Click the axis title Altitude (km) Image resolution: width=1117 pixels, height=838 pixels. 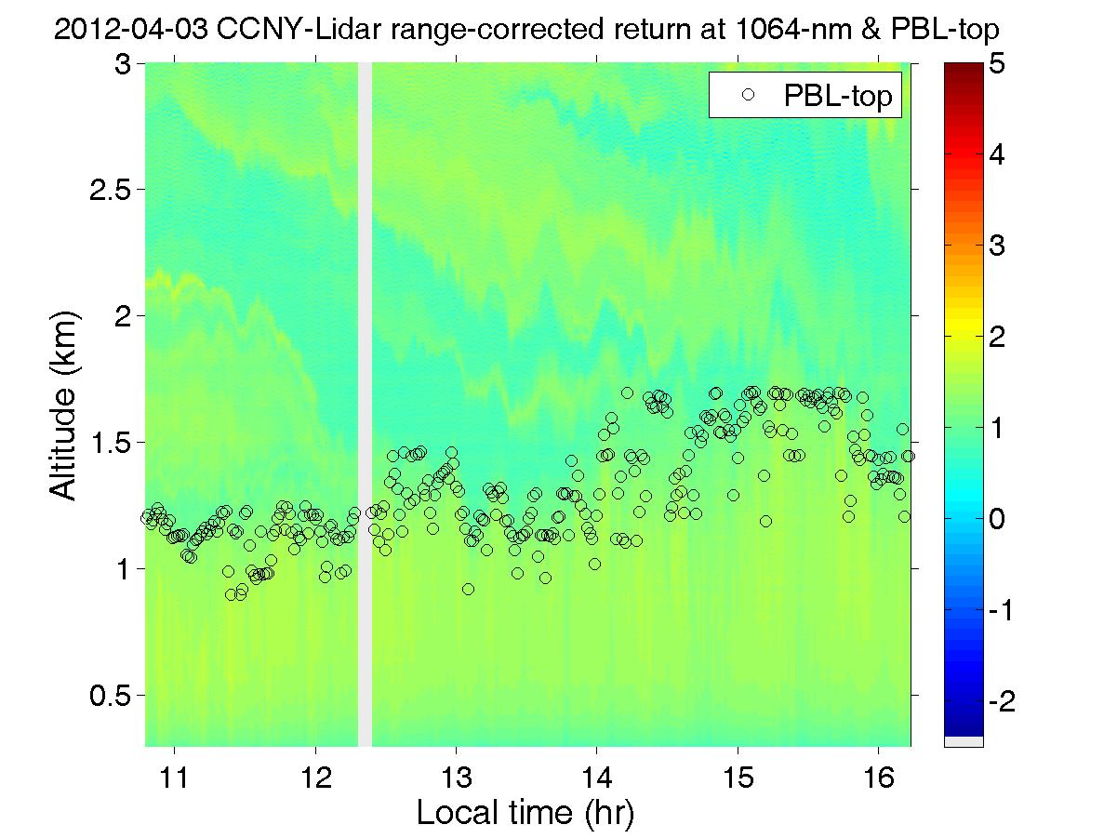[65, 406]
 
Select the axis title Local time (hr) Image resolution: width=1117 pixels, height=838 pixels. [525, 813]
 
